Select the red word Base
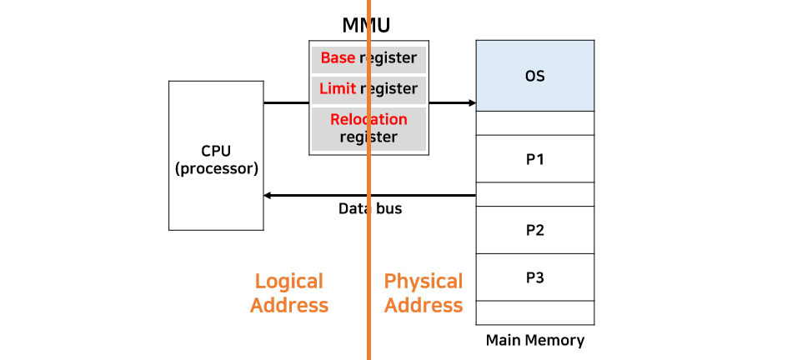338,59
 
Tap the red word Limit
338,88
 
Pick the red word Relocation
368,119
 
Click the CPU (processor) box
216,156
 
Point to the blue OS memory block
534,76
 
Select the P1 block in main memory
534,158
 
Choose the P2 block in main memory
534,230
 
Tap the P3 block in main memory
534,277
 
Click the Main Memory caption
534,340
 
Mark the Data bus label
370,208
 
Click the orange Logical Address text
289,293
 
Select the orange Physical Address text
424,293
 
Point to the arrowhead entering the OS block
472,103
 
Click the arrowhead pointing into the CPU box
268,195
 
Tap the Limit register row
368,88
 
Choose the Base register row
368,59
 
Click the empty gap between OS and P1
534,122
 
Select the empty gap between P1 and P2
534,194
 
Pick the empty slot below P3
534,312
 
